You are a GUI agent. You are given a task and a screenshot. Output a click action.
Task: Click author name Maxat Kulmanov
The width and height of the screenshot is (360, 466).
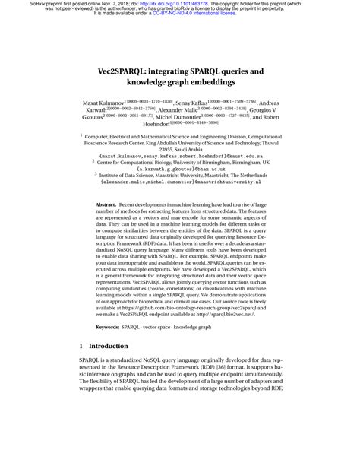tap(106, 101)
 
